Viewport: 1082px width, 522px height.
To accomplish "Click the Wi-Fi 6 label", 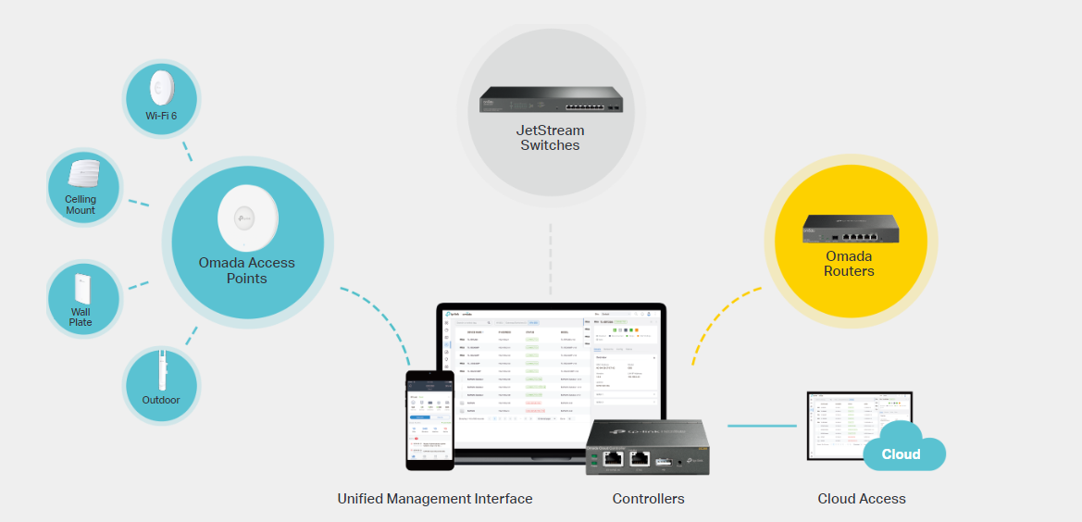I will tap(161, 116).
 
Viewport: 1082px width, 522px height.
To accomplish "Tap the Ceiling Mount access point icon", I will tap(83, 173).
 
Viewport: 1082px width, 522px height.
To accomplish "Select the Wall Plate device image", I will tap(81, 288).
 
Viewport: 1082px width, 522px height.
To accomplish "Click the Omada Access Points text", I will tap(246, 270).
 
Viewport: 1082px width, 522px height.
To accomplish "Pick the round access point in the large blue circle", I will tap(247, 218).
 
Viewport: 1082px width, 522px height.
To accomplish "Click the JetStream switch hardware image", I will tap(550, 99).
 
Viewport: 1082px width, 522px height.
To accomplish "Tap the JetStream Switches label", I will tap(550, 138).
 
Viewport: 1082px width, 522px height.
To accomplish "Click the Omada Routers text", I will tap(850, 264).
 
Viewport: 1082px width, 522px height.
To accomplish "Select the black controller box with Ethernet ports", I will tap(646, 448).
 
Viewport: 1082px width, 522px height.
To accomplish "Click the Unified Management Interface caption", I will tap(435, 499).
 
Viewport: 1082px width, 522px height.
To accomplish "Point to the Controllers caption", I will tap(648, 499).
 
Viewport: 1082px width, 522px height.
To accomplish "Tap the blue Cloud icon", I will tap(901, 453).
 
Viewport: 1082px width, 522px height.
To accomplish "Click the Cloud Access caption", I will tap(861, 499).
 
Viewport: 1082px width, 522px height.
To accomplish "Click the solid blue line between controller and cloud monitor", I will tap(761, 426).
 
